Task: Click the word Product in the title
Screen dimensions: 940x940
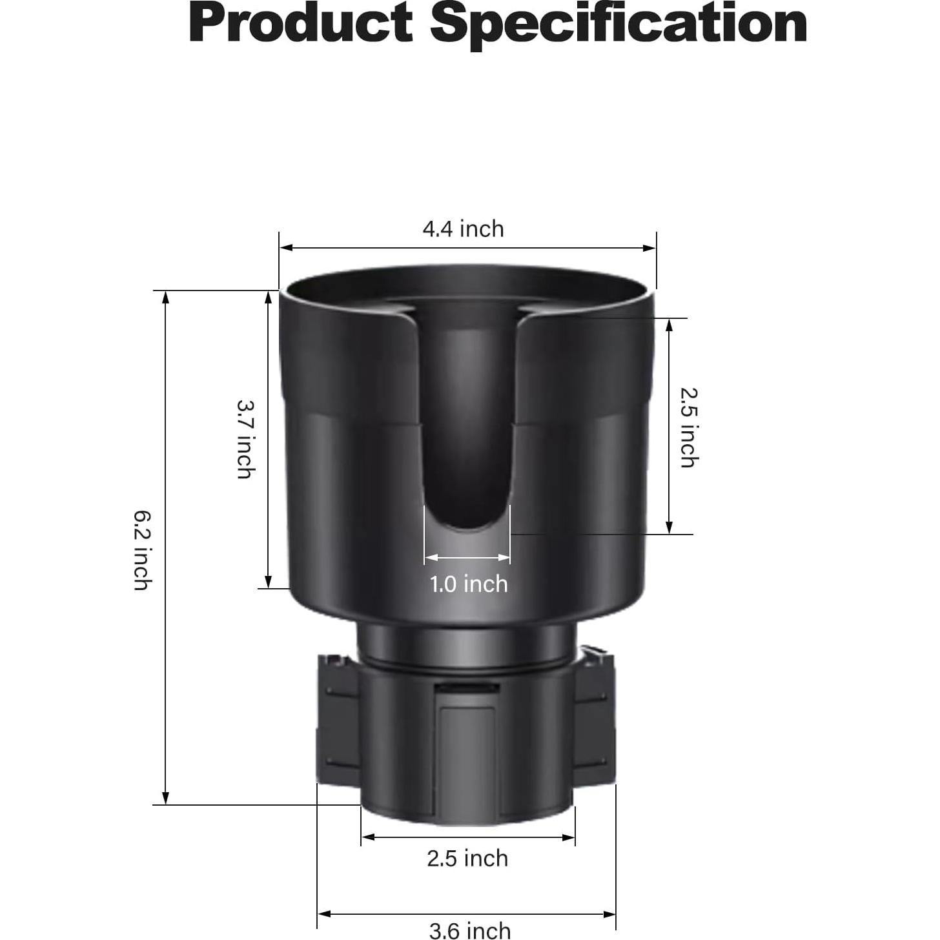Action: pyautogui.click(x=301, y=23)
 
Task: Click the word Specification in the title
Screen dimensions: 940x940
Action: pyautogui.click(x=618, y=23)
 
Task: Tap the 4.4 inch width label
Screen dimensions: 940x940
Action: pyautogui.click(x=463, y=229)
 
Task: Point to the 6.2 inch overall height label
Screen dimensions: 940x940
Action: pyautogui.click(x=143, y=550)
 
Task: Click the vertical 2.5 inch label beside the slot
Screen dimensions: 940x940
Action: pyautogui.click(x=689, y=427)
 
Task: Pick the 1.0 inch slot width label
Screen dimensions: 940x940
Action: pyautogui.click(x=469, y=584)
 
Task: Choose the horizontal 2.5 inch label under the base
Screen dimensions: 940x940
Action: pyautogui.click(x=467, y=859)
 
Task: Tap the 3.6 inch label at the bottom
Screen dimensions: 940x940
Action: pyautogui.click(x=469, y=930)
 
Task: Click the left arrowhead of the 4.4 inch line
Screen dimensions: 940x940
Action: pyautogui.click(x=285, y=247)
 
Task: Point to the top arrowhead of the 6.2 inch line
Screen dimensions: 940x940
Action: pyautogui.click(x=166, y=296)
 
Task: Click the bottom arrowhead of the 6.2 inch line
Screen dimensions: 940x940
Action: pyautogui.click(x=166, y=799)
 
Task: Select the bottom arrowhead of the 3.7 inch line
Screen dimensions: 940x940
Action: pyautogui.click(x=269, y=582)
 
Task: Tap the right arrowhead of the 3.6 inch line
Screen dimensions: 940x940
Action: pyautogui.click(x=610, y=914)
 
